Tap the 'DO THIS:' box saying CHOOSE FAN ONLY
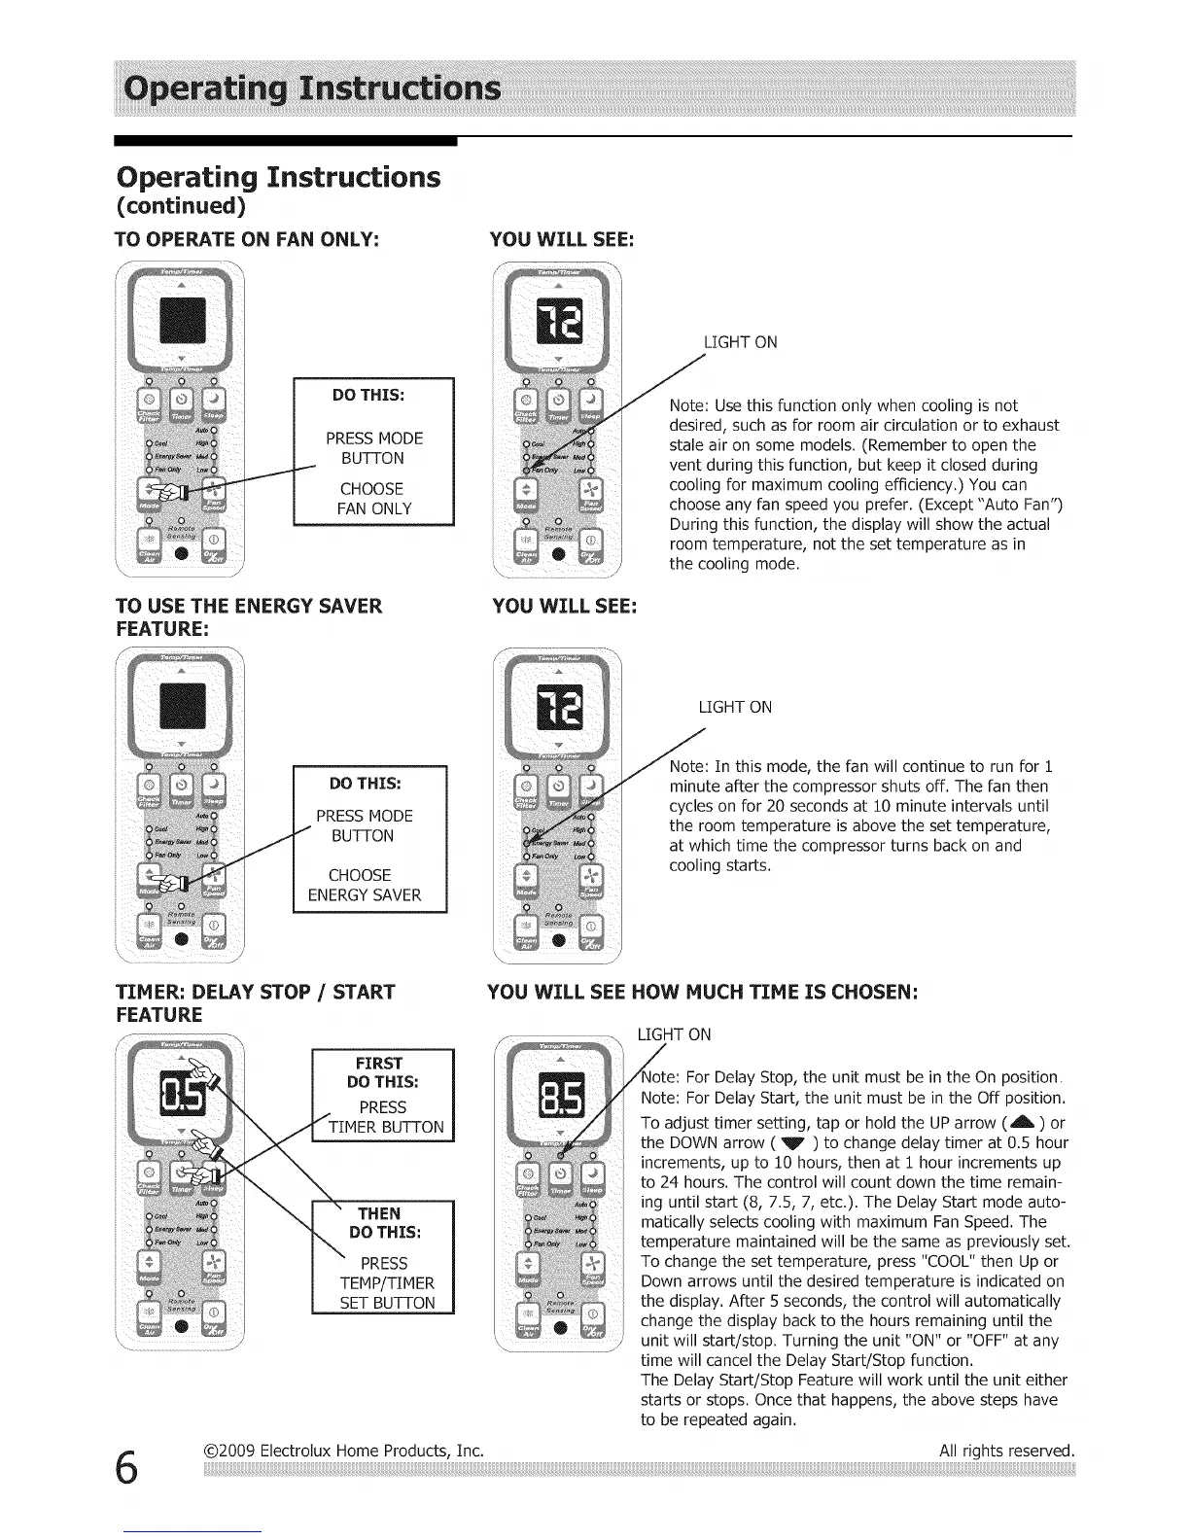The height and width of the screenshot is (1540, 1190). pos(373,452)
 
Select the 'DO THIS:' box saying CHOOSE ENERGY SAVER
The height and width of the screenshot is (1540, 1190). pos(368,839)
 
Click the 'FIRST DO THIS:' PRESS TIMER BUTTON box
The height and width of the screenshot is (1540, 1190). pos(382,1095)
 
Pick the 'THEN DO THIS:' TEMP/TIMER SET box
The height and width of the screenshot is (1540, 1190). pos(382,1257)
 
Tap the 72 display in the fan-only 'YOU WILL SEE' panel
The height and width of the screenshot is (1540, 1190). pos(558,321)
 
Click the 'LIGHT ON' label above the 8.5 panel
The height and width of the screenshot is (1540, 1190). pos(674,1034)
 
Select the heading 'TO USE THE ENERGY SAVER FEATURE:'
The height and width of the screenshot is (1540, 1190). pos(248,617)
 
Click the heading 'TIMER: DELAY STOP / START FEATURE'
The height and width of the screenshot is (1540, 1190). pos(255,1003)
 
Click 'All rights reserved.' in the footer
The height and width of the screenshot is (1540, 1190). pos(1006,1451)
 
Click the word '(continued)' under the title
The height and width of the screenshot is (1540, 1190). pos(181,207)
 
